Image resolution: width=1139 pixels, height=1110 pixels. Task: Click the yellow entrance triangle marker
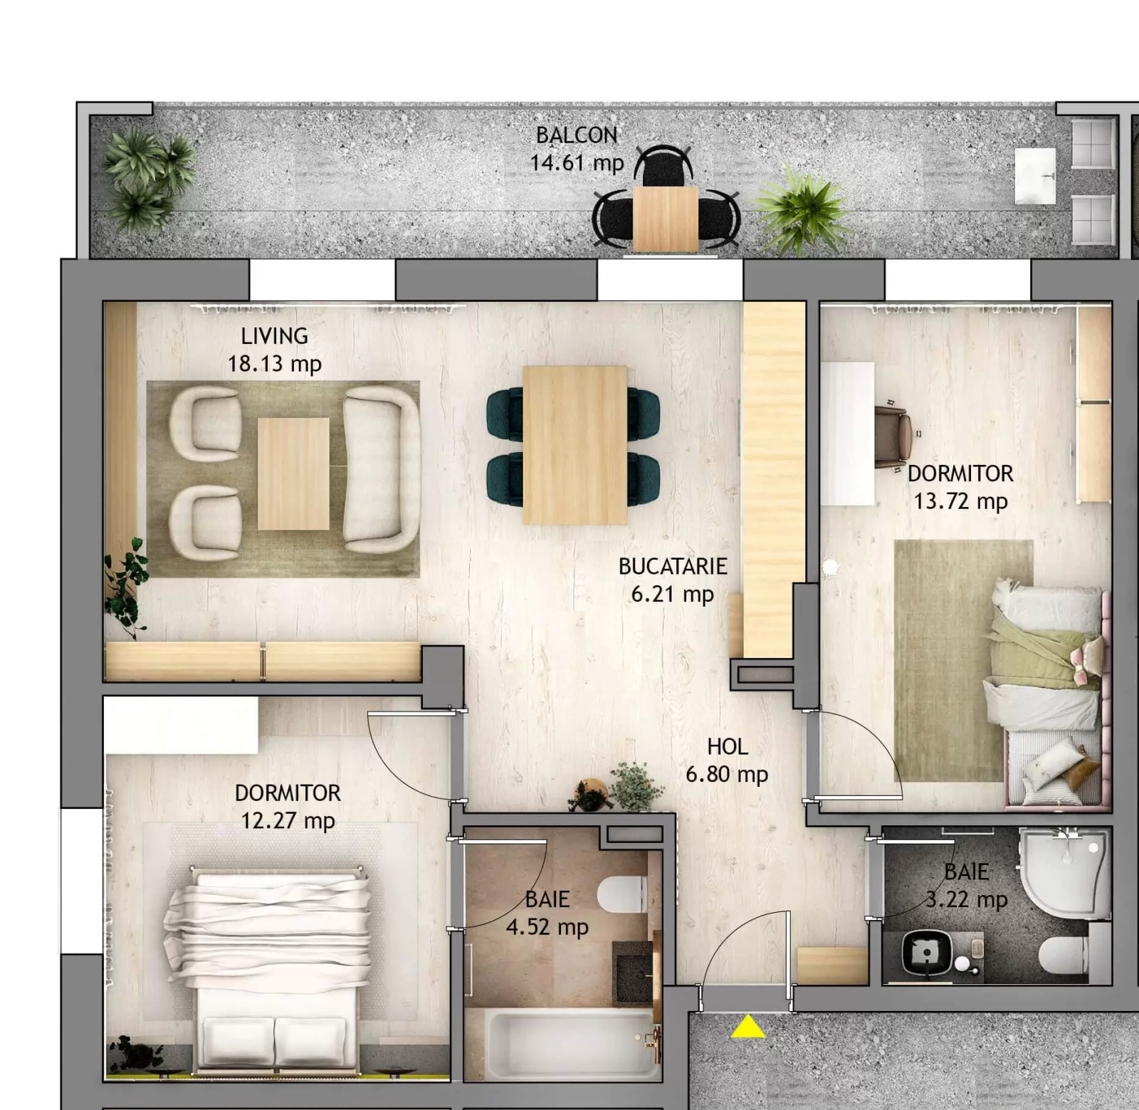(x=747, y=1027)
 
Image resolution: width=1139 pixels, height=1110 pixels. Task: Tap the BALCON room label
(x=577, y=135)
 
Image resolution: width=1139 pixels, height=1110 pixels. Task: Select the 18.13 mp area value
(x=274, y=364)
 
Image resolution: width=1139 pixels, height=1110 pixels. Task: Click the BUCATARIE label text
(x=673, y=566)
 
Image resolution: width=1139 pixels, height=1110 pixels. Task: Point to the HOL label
(x=727, y=746)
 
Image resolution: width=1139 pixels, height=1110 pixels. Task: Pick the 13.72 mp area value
(x=960, y=501)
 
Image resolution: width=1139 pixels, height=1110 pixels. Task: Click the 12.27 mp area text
(x=288, y=820)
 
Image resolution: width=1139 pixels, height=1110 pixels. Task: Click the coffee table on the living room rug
(x=293, y=473)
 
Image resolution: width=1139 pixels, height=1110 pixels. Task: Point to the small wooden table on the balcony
(x=666, y=219)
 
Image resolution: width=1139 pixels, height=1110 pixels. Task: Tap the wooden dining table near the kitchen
(x=575, y=444)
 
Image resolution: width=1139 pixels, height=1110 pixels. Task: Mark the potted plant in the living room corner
(x=126, y=587)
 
